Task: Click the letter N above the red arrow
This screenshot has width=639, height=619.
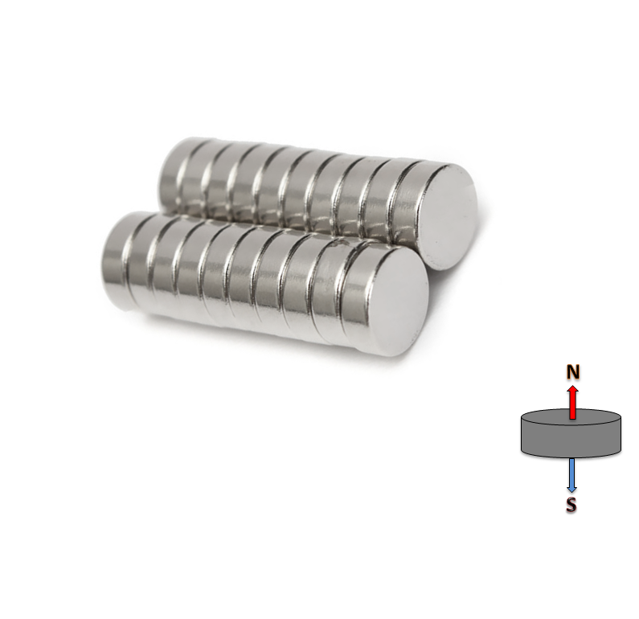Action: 572,372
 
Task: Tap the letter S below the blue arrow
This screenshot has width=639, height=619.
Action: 571,506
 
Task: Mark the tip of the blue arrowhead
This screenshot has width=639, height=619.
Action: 571,492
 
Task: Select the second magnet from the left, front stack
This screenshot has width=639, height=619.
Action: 137,261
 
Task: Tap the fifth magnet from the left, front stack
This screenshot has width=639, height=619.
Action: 212,277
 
